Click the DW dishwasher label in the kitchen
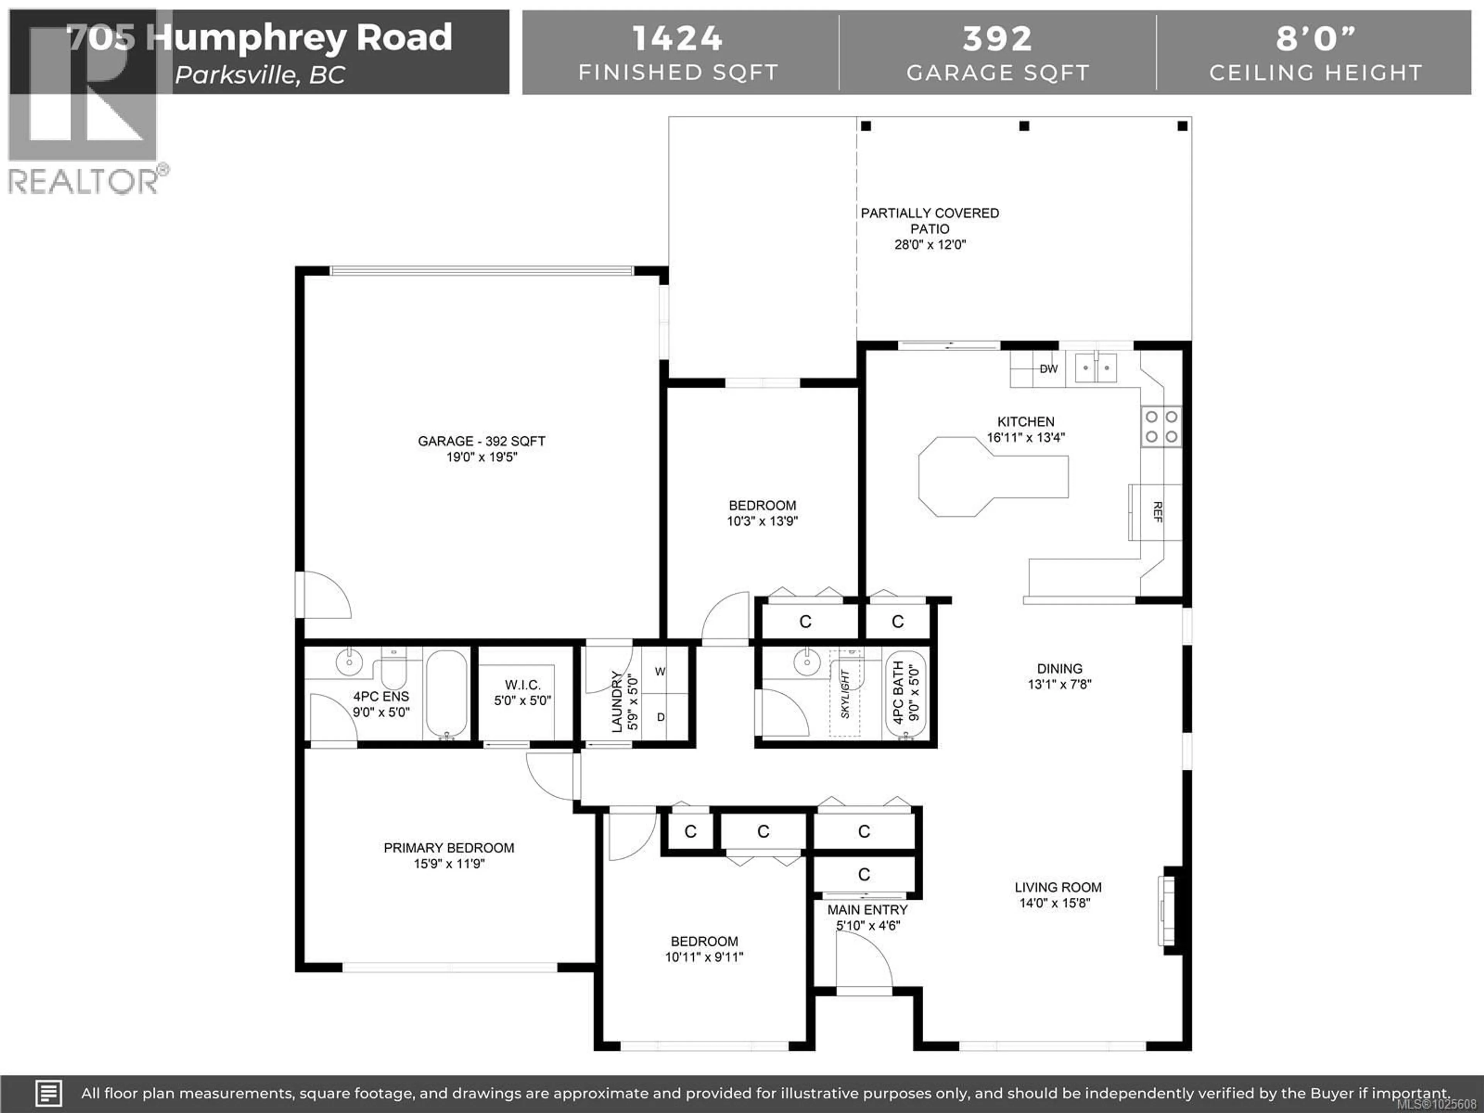click(x=1048, y=369)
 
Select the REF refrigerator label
click(x=1157, y=512)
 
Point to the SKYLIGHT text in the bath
click(x=845, y=694)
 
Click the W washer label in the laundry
click(x=660, y=672)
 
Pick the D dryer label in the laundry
click(x=661, y=717)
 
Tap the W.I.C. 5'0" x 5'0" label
click(x=522, y=693)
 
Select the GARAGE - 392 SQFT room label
click(x=481, y=441)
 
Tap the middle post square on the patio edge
click(x=1024, y=126)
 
